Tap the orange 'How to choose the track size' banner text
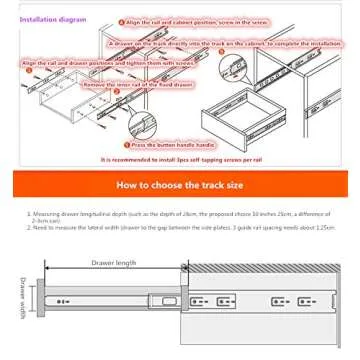[179, 185]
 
